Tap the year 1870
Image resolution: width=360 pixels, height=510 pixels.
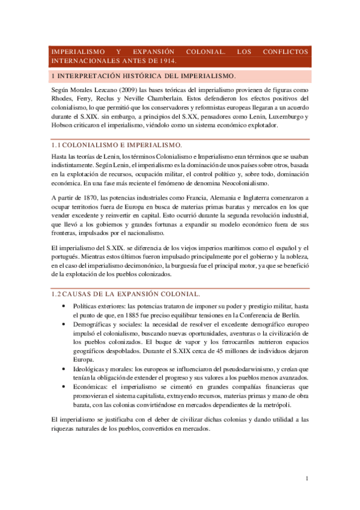tap(94, 197)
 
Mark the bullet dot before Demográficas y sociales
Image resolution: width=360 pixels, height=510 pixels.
tap(64, 325)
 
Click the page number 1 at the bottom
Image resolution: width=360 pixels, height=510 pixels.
tap(307, 479)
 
